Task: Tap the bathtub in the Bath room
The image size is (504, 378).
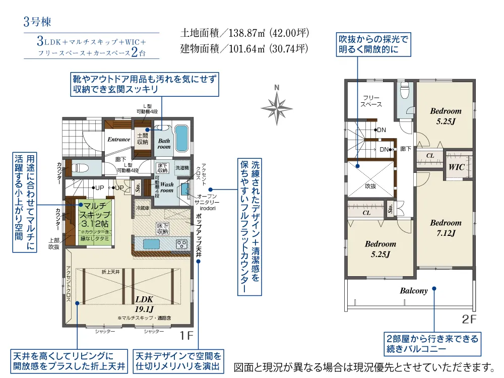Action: [181, 138]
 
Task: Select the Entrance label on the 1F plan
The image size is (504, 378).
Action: [119, 140]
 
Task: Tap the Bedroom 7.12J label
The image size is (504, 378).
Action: [446, 227]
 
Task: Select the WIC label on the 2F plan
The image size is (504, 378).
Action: [456, 166]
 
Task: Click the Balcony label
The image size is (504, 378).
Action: [414, 291]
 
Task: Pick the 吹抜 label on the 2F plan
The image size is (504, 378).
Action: [370, 186]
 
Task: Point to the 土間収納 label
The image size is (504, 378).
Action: [143, 139]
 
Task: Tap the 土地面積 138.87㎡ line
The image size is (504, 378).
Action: [244, 34]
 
